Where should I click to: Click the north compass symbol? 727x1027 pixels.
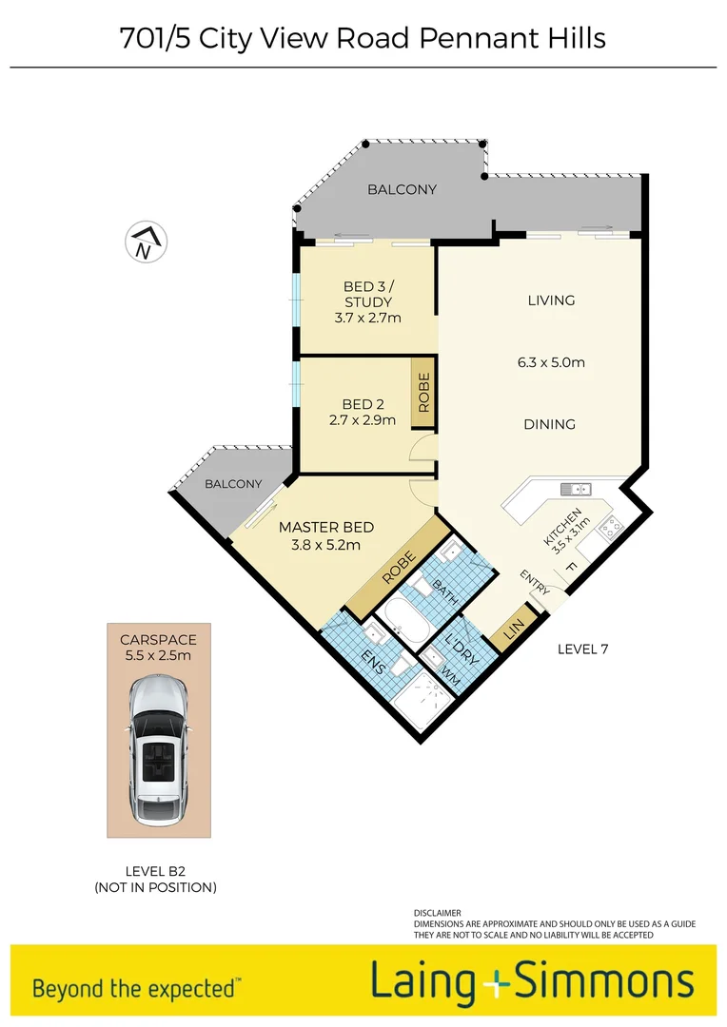(x=145, y=242)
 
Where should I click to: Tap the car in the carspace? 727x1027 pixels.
(x=158, y=751)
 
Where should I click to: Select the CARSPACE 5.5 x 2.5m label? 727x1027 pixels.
(x=158, y=648)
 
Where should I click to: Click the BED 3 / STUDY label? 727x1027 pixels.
(x=367, y=302)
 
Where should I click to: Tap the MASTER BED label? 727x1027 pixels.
(x=325, y=536)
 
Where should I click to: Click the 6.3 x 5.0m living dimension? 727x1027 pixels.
(x=550, y=362)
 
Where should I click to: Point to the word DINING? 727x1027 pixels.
(x=549, y=424)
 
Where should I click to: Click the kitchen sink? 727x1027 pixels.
(x=576, y=490)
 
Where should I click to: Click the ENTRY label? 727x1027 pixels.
(x=534, y=583)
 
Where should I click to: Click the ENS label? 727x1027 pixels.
(x=374, y=660)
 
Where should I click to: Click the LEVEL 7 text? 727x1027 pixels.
(x=582, y=649)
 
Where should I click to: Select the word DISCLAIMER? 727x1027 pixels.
(x=437, y=912)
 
